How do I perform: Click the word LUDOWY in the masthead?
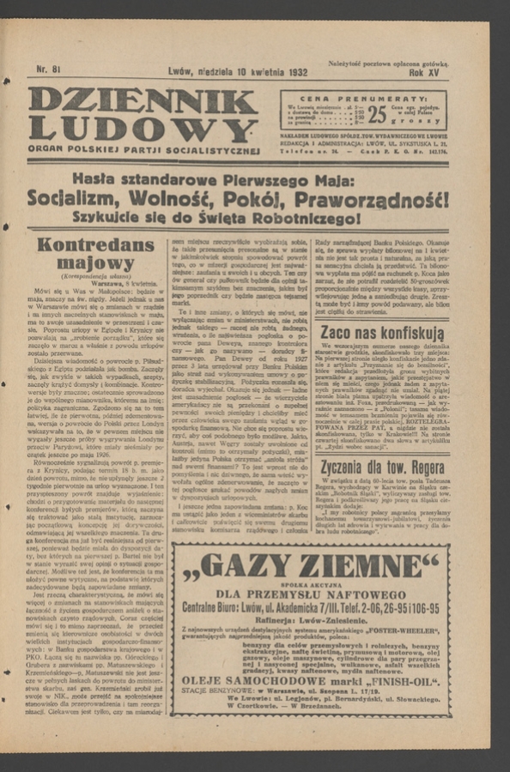143,130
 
